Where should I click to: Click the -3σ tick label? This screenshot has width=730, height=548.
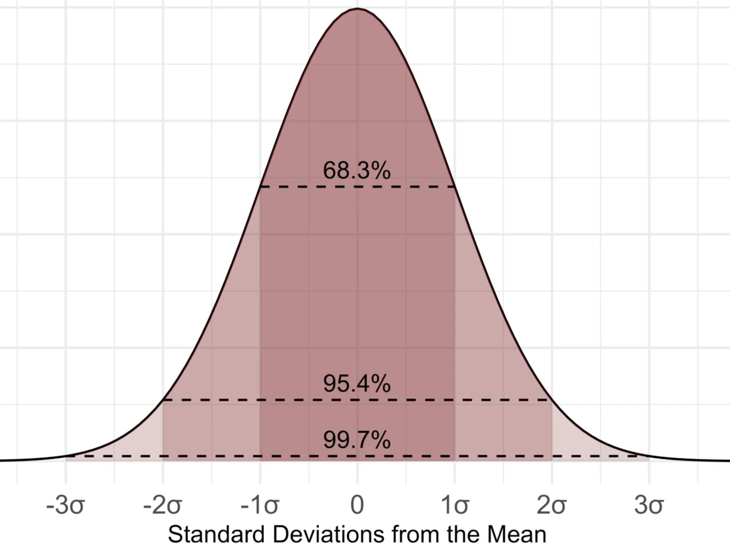(66, 505)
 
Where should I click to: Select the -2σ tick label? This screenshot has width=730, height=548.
(163, 505)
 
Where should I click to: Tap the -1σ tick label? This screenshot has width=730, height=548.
(260, 505)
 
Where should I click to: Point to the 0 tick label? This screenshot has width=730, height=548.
(357, 505)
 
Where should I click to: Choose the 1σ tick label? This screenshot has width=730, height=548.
(455, 505)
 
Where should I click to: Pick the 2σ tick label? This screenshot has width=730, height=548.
(552, 505)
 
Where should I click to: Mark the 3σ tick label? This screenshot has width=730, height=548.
(649, 505)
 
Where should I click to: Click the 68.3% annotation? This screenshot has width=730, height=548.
(357, 171)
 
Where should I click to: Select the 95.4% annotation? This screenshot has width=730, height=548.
(357, 383)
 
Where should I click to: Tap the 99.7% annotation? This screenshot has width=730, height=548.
(357, 439)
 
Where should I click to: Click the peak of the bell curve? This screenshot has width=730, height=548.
(358, 8)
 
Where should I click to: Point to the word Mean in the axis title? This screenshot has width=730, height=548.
(517, 535)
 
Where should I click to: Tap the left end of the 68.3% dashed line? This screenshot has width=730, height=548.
(260, 187)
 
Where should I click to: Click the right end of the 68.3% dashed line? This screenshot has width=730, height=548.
(455, 187)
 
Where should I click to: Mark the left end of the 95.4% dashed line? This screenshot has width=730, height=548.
(163, 400)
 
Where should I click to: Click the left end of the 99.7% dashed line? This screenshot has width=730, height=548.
(66, 456)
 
